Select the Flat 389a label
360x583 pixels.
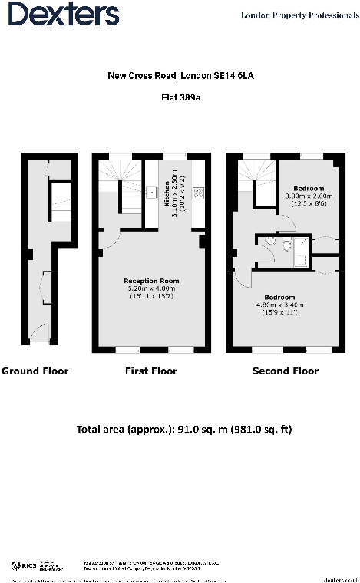pos(180,97)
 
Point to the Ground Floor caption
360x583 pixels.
pos(35,371)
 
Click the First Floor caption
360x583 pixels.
pos(151,371)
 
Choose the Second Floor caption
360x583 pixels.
pos(286,371)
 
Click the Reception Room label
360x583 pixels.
pos(151,281)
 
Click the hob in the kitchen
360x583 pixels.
pos(199,193)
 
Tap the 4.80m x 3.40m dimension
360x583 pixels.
pos(279,305)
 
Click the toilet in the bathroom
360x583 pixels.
pos(286,245)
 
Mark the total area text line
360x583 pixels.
pos(184,429)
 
